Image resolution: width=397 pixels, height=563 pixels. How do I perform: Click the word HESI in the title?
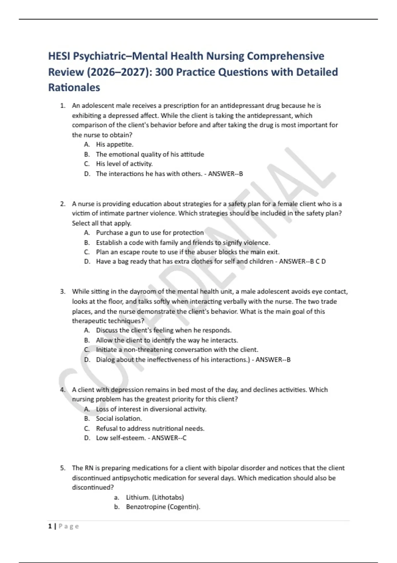pos(59,56)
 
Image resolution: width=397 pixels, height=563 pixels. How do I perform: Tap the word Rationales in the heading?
pos(74,87)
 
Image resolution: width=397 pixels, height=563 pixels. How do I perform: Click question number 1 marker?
pos(62,106)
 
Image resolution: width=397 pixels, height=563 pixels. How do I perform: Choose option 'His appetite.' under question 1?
pos(114,144)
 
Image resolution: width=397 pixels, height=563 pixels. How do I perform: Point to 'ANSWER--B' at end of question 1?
pos(225,174)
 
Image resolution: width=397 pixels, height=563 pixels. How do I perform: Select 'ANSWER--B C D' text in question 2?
pos(302,262)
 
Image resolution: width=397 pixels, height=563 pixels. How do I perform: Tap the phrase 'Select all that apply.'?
pos(102,223)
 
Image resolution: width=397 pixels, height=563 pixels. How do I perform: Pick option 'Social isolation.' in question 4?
pos(119,419)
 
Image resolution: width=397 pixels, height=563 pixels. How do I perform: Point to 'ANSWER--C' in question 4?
pos(169,438)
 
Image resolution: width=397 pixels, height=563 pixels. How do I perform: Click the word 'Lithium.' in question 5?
pos(138,497)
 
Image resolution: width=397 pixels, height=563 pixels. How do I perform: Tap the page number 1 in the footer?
pos(50,526)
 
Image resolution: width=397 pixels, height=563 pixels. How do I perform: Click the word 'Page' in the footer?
pos(69,526)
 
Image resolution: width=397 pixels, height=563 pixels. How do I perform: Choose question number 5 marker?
pos(62,468)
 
